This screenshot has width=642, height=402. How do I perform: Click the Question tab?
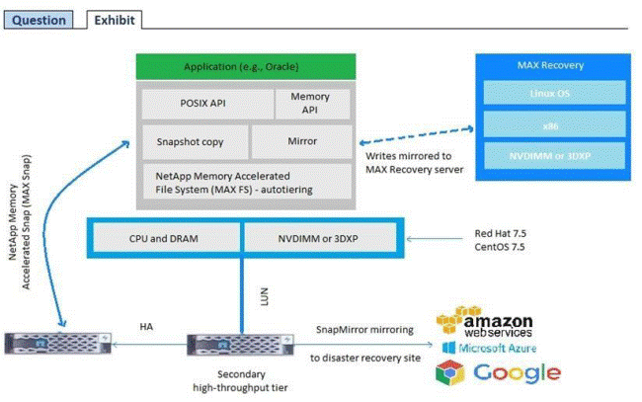point(40,20)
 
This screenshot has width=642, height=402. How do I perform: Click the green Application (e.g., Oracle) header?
point(241,67)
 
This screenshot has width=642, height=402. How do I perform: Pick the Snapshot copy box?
point(192,140)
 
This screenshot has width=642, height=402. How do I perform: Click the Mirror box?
point(302,140)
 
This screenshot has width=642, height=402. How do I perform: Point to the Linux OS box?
point(550,93)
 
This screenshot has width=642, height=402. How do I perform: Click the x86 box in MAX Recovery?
point(550,123)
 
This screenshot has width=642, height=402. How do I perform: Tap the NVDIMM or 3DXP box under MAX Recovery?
point(550,154)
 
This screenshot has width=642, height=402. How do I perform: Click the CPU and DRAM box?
point(167,238)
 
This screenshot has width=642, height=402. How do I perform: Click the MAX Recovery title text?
point(550,65)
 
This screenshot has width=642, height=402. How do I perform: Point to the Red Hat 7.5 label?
point(502,237)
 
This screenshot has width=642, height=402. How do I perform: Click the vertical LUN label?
point(252,295)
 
